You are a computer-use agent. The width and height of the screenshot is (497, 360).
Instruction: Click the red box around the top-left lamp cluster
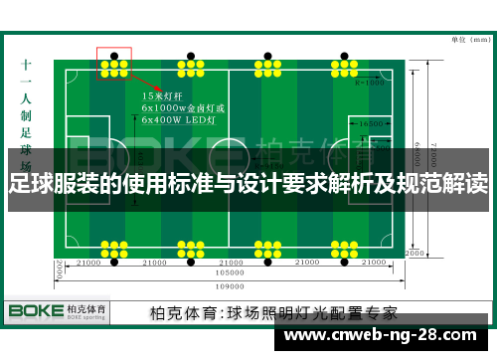pyautogui.click(x=113, y=63)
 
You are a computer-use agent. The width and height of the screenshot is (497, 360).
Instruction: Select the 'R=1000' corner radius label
pyautogui.click(x=369, y=83)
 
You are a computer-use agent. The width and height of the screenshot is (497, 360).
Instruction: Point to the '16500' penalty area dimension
pyautogui.click(x=373, y=123)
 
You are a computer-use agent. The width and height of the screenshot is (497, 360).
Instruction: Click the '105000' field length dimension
pyautogui.click(x=231, y=271)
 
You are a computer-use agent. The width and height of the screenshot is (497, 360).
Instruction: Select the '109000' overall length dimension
pyautogui.click(x=231, y=282)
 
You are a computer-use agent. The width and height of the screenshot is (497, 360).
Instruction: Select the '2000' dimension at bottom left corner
pyautogui.click(x=59, y=269)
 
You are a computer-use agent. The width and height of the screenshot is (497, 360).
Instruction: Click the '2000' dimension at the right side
pyautogui.click(x=414, y=253)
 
